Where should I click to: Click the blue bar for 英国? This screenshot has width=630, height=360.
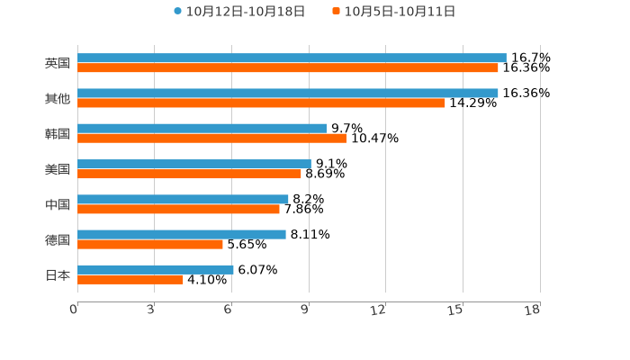[x=292, y=58]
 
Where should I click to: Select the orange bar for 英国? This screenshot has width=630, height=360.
[x=288, y=68]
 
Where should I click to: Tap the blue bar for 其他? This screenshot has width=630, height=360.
[x=288, y=93]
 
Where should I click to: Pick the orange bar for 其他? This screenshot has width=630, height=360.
[x=261, y=103]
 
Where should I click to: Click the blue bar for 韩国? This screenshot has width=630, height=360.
[x=202, y=128]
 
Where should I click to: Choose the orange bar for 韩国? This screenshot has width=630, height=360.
[x=211, y=139]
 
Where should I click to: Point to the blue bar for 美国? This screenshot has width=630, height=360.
[x=194, y=164]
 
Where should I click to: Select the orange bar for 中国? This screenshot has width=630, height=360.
[x=178, y=210]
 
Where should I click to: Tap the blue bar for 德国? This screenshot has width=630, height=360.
[x=182, y=234]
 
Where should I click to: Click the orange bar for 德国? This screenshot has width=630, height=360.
[x=150, y=245]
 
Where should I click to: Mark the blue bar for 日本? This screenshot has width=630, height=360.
[x=156, y=269]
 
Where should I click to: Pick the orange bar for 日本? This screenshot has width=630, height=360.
[x=130, y=280]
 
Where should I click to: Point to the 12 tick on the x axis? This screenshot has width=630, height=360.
[x=379, y=310]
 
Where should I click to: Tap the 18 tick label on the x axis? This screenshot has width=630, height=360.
[x=533, y=310]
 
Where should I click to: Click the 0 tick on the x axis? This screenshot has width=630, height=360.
[x=74, y=310]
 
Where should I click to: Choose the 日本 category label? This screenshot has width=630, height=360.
[x=58, y=274]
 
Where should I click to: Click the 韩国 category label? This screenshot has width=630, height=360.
[x=58, y=133]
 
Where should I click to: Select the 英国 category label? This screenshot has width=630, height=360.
[x=58, y=63]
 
